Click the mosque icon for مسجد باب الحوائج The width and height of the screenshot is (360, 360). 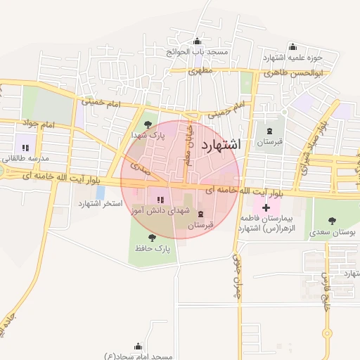[x=196, y=41]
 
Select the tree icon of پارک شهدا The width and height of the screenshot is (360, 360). [x=147, y=124]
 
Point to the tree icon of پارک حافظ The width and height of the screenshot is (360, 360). [x=152, y=238]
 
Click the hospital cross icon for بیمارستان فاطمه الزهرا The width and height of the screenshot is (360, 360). [x=265, y=208]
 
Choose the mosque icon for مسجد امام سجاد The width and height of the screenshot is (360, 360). [x=138, y=346]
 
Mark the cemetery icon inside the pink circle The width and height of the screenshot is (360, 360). [x=202, y=214]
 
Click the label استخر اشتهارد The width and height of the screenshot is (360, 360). [x=101, y=203]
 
